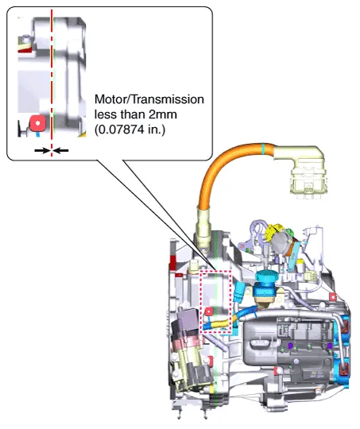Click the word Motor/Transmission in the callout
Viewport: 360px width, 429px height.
[x=149, y=99]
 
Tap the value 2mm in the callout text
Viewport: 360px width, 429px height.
[x=163, y=114]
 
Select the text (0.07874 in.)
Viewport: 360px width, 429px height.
[x=130, y=129]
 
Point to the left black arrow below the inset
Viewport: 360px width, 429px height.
[x=42, y=150]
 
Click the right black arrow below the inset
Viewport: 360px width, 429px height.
[x=60, y=150]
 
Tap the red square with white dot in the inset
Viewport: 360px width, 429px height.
[x=37, y=123]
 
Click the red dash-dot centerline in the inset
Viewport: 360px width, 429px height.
[x=52, y=83]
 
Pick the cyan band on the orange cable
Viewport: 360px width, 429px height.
[x=263, y=148]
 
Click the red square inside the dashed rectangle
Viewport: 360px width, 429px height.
[x=208, y=311]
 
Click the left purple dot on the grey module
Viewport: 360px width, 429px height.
[x=290, y=346]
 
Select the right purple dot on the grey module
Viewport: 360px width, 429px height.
[x=330, y=346]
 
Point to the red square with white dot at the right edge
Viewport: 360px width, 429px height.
[x=333, y=296]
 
